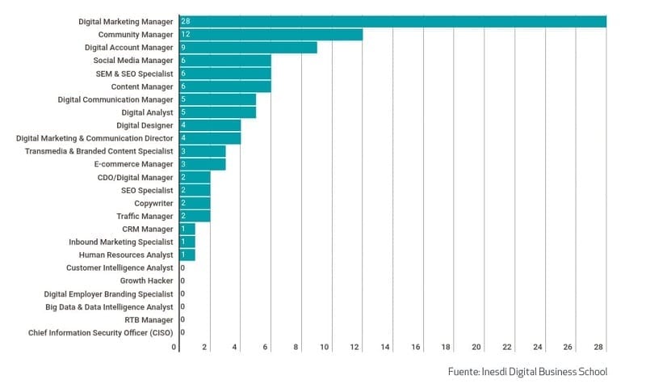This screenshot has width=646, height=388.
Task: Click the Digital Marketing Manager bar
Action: pos(392,22)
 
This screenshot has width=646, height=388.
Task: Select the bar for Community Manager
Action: pos(271,35)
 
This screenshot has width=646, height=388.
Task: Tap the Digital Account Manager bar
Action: pos(247,48)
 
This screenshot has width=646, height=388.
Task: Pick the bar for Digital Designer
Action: pos(209,125)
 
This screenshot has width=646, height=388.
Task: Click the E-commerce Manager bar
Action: pos(202,164)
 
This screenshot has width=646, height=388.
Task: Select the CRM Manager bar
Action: pos(187,229)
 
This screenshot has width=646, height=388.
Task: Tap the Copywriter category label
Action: pos(153,203)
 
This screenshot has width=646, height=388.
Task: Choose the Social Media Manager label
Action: pos(133,61)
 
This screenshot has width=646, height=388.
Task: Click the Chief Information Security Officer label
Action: pos(101,332)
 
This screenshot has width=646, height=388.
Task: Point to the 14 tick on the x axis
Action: pos(386,348)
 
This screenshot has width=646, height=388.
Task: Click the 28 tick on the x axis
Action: pos(599,348)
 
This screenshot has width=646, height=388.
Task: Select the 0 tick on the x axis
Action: pos(174,348)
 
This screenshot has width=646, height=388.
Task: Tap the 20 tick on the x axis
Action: pos(477,348)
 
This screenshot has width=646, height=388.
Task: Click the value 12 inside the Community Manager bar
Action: pos(186,35)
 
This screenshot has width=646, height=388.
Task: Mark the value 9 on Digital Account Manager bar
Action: pos(183,48)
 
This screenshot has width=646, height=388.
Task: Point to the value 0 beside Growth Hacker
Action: pos(182,280)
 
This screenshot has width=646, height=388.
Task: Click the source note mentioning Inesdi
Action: pos(527,371)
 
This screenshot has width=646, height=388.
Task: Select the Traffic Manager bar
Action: pos(194,216)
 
